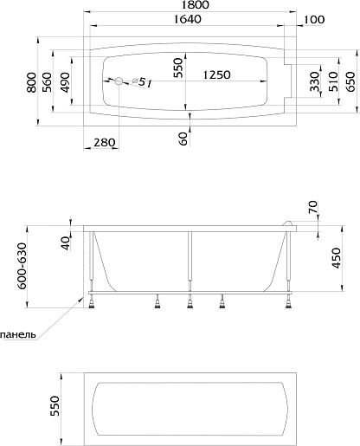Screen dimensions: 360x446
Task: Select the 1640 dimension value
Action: pyautogui.click(x=188, y=19)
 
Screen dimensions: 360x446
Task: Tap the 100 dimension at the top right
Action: pyautogui.click(x=314, y=20)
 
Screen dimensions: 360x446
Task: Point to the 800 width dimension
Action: pyautogui.click(x=32, y=82)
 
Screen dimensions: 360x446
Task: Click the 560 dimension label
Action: pyautogui.click(x=47, y=82)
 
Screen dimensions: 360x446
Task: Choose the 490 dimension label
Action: pyautogui.click(x=65, y=82)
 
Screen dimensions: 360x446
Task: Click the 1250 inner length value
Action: pyautogui.click(x=216, y=74)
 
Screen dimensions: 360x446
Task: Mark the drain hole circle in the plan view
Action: pyautogui.click(x=119, y=81)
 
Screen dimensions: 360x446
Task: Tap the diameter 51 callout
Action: pyautogui.click(x=142, y=83)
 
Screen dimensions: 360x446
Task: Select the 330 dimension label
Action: pyautogui.click(x=316, y=81)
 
